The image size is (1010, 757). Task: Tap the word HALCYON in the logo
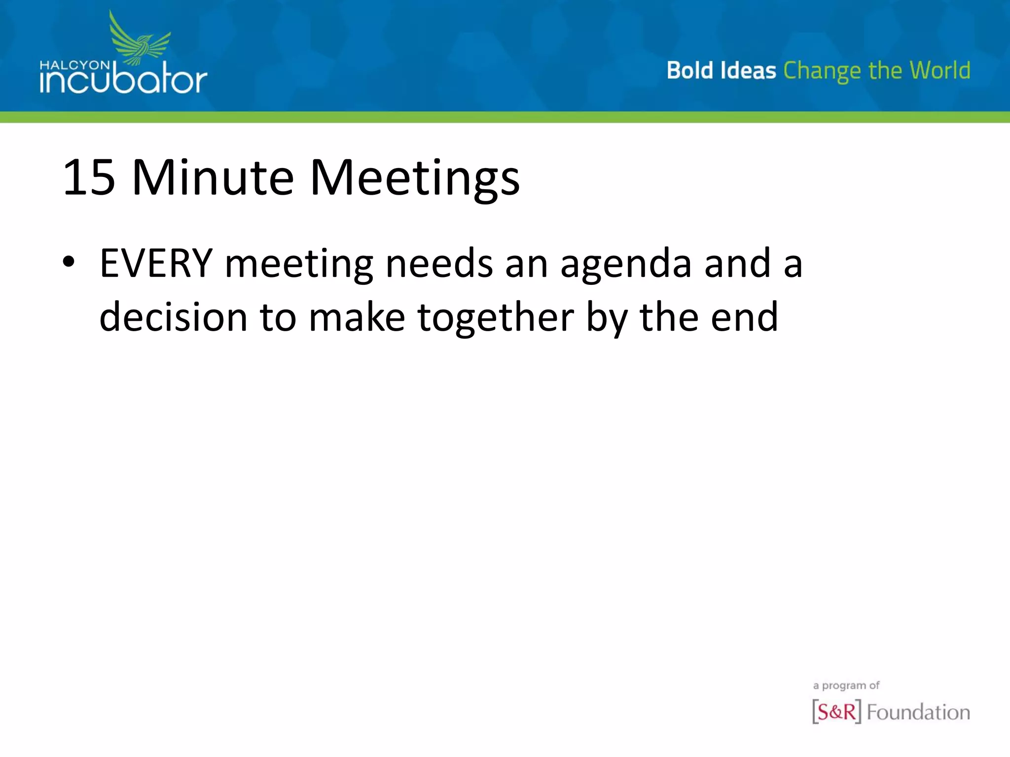pyautogui.click(x=74, y=65)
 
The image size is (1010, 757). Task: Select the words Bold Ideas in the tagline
pyautogui.click(x=721, y=70)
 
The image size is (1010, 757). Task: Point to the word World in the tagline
pyautogui.click(x=940, y=70)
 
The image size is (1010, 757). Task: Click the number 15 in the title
pyautogui.click(x=89, y=178)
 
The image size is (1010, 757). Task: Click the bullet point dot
pyautogui.click(x=69, y=262)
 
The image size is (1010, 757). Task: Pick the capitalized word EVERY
pyautogui.click(x=156, y=264)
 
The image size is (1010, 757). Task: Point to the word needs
pyautogui.click(x=439, y=264)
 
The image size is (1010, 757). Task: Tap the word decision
pyautogui.click(x=173, y=317)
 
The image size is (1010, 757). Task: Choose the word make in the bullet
pyautogui.click(x=357, y=317)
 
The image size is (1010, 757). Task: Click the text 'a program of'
pyautogui.click(x=846, y=686)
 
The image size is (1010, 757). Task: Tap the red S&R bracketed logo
pyautogui.click(x=836, y=712)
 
